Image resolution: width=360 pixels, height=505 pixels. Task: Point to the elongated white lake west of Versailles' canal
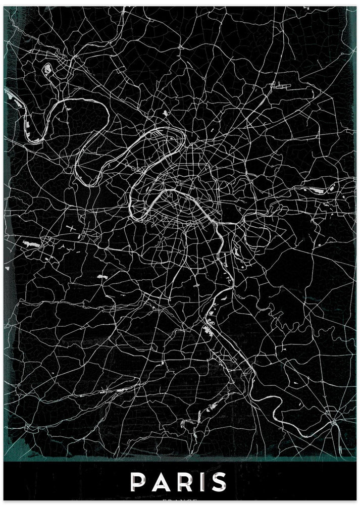coord(31,243)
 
